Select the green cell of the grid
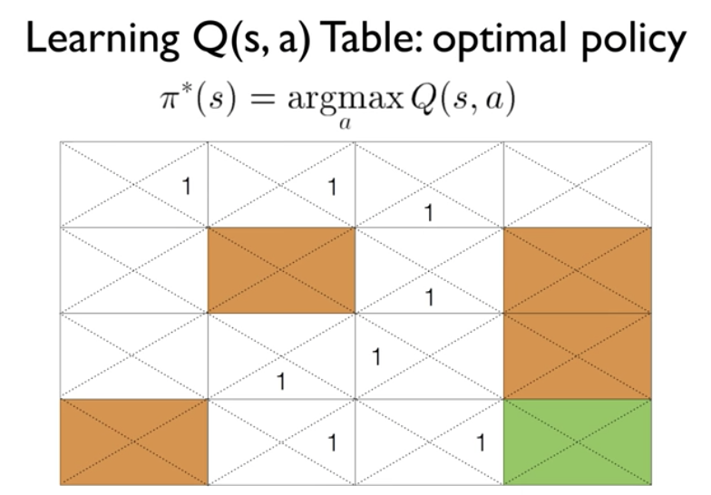tap(577, 442)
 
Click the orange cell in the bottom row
tap(134, 442)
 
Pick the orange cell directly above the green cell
tap(577, 355)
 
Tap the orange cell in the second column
tap(281, 270)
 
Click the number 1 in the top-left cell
tap(187, 188)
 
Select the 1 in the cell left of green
tap(480, 443)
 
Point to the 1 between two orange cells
tap(428, 296)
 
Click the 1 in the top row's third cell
tap(428, 214)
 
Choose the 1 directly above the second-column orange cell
tap(331, 188)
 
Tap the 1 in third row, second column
tap(281, 382)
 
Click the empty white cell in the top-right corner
tap(577, 184)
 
